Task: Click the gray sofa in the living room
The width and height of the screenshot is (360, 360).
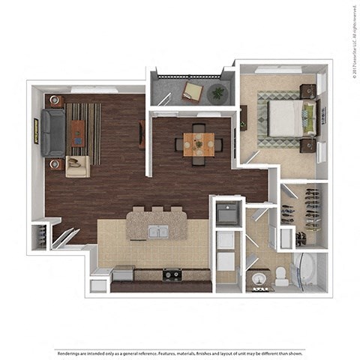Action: (x=53, y=133)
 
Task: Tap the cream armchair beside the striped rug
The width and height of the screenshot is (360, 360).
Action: (x=76, y=166)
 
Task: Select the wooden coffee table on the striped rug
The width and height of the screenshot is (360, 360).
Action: (x=78, y=133)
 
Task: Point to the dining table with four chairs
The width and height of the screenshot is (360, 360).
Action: (x=199, y=143)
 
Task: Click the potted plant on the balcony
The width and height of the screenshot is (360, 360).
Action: (x=218, y=93)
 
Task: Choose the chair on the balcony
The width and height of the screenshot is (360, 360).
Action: (x=193, y=91)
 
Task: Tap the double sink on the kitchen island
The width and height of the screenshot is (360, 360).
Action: (x=157, y=232)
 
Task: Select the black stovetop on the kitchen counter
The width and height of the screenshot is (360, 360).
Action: (x=172, y=274)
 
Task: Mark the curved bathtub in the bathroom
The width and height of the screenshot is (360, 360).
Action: (x=307, y=271)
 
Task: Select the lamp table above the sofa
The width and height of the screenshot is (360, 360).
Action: (x=56, y=101)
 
